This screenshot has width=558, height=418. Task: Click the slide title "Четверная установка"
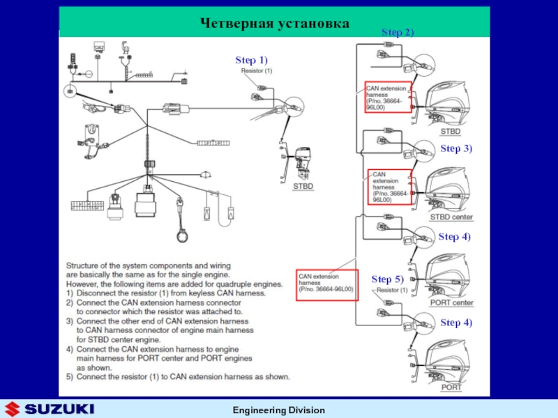274,24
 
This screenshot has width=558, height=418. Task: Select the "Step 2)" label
398,33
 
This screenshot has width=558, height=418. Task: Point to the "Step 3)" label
456,148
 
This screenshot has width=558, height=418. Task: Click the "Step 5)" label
388,279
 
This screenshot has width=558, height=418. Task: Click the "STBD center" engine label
451,217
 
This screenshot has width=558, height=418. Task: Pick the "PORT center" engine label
451,303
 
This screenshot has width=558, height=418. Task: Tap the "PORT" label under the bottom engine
451,387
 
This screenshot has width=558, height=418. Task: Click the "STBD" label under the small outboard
303,186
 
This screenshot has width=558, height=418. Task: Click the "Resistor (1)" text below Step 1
257,70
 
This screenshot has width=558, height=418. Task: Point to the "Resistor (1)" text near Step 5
392,290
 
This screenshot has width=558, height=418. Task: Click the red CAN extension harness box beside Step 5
327,285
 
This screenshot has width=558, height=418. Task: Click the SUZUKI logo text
59,408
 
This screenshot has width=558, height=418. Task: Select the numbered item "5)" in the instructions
70,377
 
